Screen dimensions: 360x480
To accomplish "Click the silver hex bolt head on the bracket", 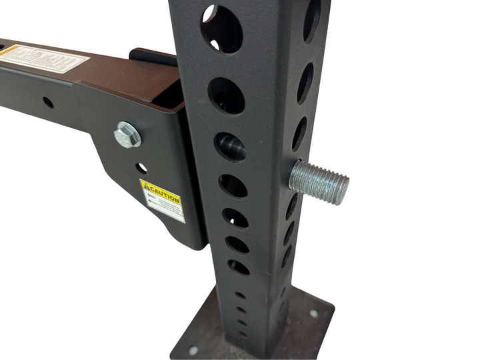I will click(127, 135).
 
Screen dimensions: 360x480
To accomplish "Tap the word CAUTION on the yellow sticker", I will click(164, 197).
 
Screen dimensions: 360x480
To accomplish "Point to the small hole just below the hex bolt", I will click(142, 168).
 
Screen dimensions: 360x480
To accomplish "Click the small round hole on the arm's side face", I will click(48, 103).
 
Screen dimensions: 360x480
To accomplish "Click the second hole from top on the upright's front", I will click(226, 95).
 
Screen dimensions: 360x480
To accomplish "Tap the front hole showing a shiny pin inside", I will click(230, 146).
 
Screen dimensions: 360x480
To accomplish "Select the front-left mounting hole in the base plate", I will click(193, 350).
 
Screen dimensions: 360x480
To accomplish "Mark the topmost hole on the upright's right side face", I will click(312, 20).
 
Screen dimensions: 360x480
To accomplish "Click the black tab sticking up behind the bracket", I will click(153, 57).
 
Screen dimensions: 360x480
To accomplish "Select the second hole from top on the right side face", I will click(305, 82).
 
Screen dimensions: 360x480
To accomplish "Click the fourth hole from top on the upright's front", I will click(233, 185).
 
